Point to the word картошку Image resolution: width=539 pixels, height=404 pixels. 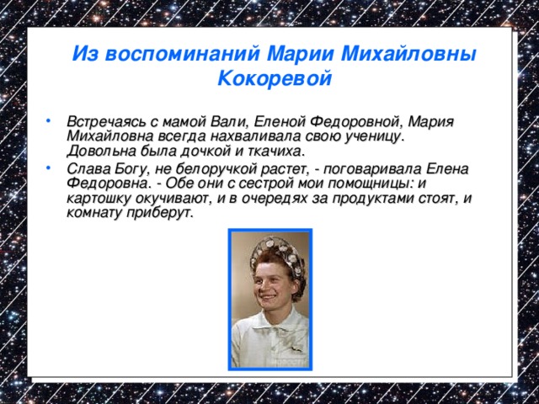pyautogui.click(x=96, y=198)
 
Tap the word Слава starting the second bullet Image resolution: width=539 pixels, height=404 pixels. pyautogui.click(x=86, y=167)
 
